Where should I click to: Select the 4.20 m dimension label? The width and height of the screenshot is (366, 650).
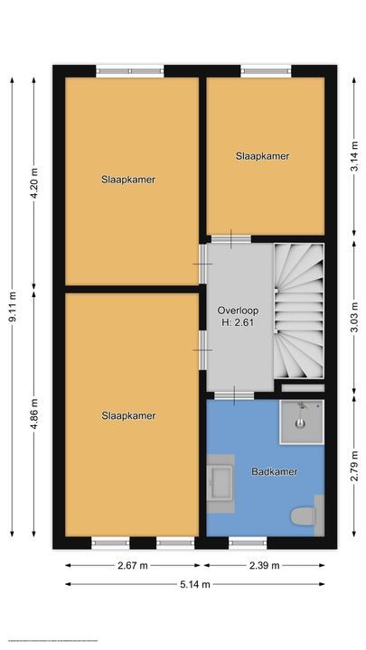[34, 179]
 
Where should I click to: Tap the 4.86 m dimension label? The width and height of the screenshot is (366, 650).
[34, 415]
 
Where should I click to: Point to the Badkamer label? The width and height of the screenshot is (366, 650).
[275, 472]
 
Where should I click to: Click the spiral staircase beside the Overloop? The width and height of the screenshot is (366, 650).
[298, 311]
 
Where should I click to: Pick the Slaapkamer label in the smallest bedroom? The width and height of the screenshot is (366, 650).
[262, 156]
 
